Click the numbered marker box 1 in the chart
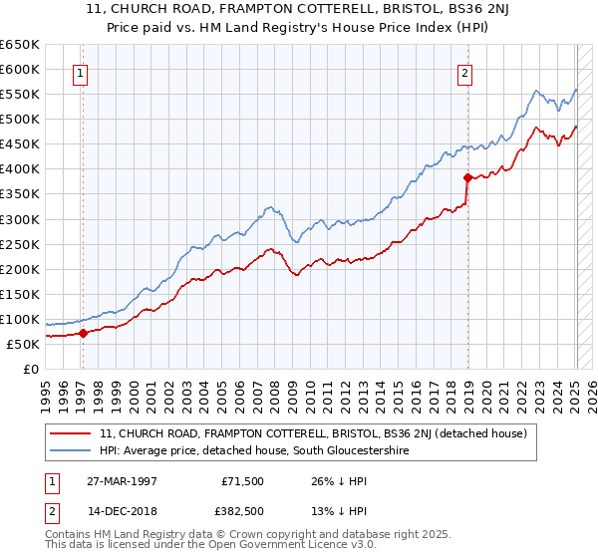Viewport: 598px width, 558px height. pos(79,71)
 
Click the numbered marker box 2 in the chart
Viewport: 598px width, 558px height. pos(464,71)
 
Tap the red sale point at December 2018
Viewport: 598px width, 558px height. pos(467,177)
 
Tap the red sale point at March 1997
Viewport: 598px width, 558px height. pos(83,333)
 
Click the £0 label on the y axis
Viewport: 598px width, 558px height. pos(29,369)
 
